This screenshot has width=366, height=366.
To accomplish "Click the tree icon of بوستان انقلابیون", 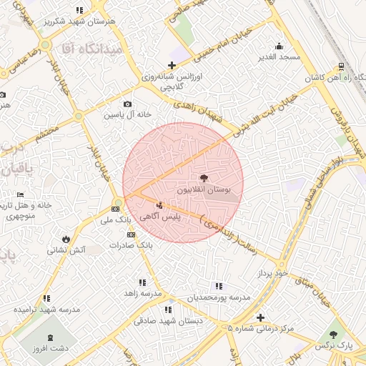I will pos(204,178).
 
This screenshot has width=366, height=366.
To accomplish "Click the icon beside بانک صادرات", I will pos(131,234).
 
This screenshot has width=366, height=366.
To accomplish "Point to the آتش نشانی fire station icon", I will pos(66,239).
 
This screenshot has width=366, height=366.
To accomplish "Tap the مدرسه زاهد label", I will pos(140,293).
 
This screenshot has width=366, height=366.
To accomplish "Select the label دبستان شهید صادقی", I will pos(169,321).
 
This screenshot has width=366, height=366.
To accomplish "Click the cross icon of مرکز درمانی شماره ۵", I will pos(259,317).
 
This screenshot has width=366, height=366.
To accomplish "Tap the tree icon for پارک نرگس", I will pos(333,334).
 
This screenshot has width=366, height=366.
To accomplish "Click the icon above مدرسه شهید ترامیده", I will pos(47,298).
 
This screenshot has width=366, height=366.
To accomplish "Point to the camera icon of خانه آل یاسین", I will pos(128,104).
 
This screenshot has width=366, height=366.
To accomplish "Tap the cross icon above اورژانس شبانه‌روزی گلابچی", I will pos(171,66).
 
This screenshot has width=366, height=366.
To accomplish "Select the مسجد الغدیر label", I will pos(278,56).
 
